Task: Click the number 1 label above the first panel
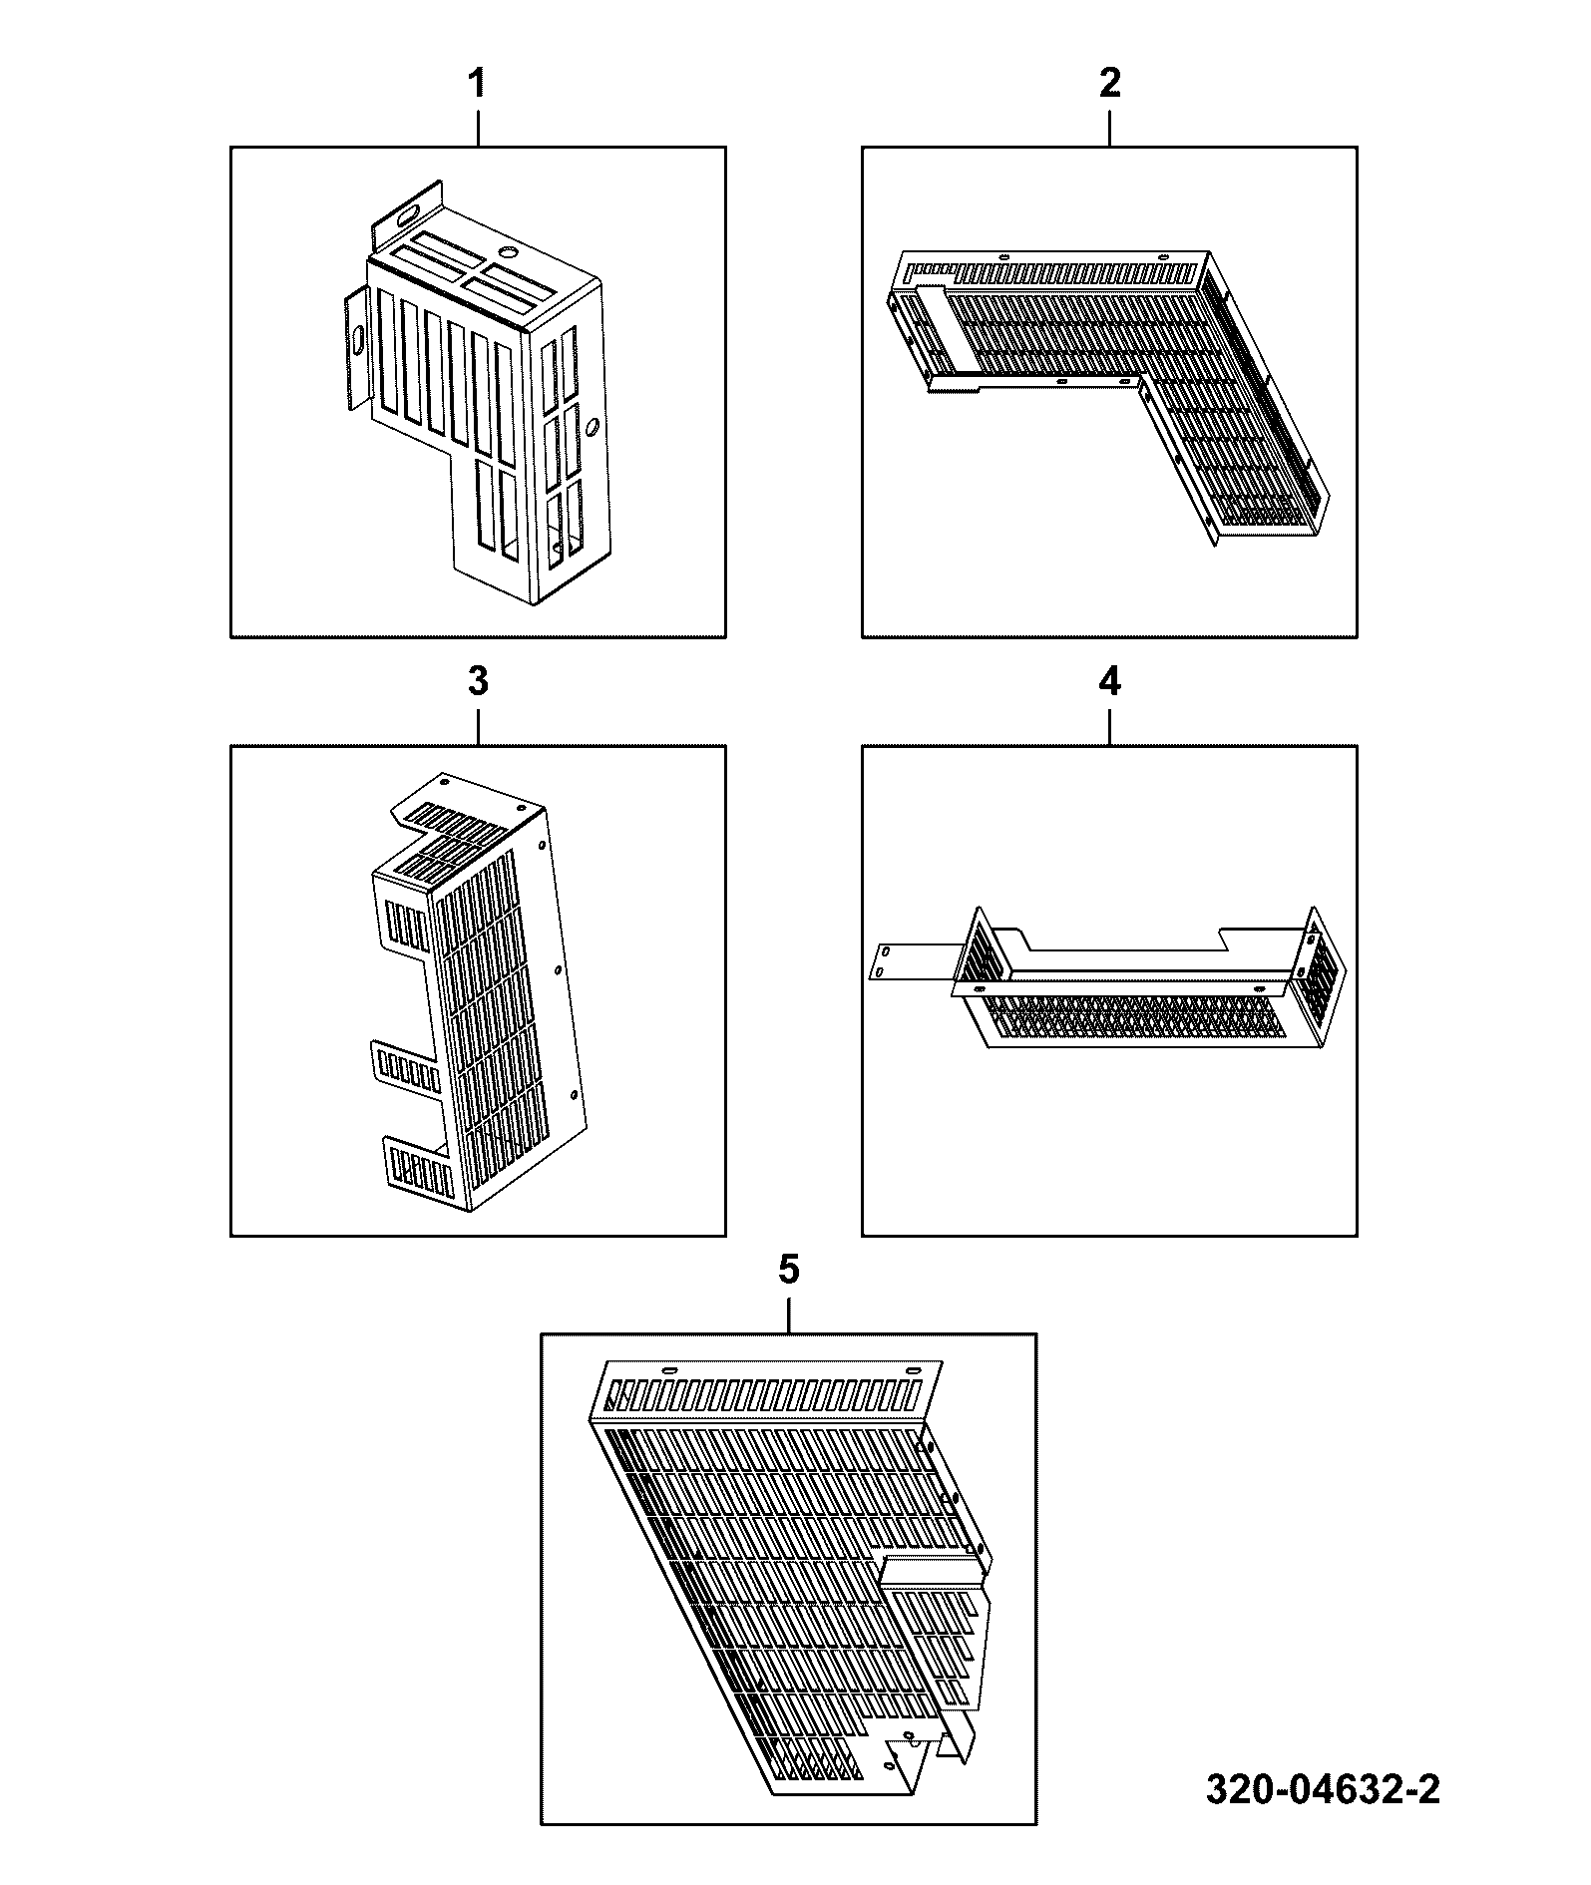click(x=478, y=84)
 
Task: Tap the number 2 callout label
click(x=1109, y=84)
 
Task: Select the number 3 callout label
click(x=478, y=682)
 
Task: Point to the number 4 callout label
click(x=1109, y=682)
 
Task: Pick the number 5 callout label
click(x=788, y=1271)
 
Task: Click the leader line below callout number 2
click(x=1109, y=128)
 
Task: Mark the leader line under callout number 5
click(x=788, y=1315)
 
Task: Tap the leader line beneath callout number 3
click(x=478, y=726)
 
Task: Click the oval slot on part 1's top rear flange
click(x=408, y=214)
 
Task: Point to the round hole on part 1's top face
click(x=509, y=253)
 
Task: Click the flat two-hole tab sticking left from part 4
click(x=909, y=961)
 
